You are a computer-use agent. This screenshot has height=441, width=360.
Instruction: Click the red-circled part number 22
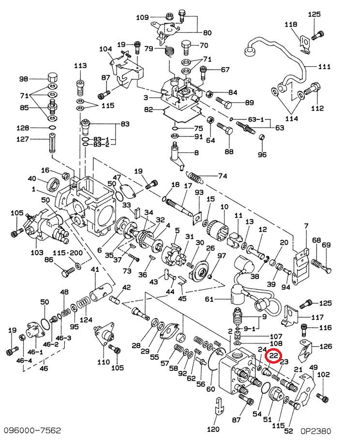(x=275, y=356)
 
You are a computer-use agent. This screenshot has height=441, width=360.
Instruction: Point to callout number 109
(x=142, y=17)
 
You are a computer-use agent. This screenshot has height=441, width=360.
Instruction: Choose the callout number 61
(x=209, y=299)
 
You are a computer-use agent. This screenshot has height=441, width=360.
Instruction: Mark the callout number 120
(x=213, y=429)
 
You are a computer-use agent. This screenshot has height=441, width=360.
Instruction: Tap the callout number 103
(x=37, y=252)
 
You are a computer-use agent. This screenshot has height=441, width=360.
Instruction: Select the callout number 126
(x=326, y=346)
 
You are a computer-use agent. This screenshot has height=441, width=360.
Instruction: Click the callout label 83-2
(x=102, y=145)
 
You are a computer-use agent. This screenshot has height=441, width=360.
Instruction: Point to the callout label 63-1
(x=255, y=119)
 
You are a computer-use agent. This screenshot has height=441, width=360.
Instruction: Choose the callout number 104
(x=105, y=49)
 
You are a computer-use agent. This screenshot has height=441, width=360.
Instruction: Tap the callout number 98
(x=24, y=79)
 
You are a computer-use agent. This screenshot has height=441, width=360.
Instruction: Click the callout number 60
(x=210, y=388)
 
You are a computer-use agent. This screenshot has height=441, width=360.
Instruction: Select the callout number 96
(x=262, y=155)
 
